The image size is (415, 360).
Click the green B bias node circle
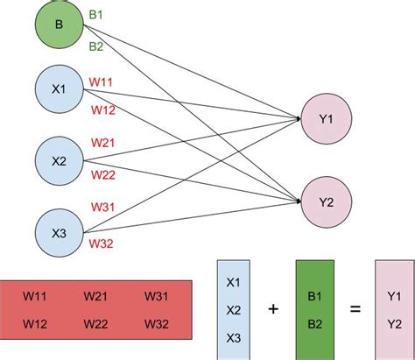59,24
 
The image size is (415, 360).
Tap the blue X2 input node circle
59,160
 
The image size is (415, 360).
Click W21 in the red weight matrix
97,298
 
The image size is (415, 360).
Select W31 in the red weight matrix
158,298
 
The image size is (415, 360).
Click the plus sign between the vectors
274,309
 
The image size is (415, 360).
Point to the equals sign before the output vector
355,309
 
